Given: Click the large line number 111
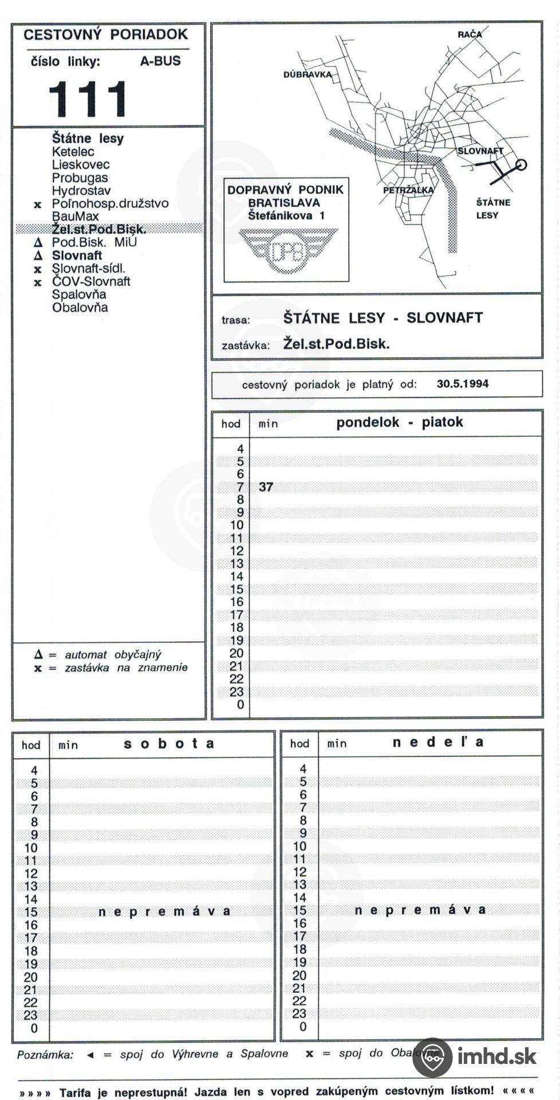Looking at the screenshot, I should click(88, 99).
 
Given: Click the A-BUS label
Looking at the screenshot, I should click(160, 61).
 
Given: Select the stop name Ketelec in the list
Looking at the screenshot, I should click(73, 152).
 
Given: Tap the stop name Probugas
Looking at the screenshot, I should click(80, 178).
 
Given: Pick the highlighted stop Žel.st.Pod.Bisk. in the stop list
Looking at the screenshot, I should click(98, 229).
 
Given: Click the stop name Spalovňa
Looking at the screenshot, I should click(79, 294).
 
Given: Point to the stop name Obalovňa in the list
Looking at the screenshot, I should click(80, 308).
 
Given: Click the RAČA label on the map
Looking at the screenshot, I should click(470, 34).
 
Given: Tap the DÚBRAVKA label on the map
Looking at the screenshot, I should click(307, 75).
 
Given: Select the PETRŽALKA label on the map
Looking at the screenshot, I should click(408, 190).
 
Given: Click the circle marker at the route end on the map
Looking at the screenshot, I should click(520, 165).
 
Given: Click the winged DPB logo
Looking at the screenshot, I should click(287, 252).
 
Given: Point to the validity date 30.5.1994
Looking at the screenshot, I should click(463, 384).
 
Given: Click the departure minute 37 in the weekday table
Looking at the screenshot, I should click(266, 487).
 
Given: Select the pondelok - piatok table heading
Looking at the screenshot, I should click(399, 422).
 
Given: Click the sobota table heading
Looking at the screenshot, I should click(169, 744).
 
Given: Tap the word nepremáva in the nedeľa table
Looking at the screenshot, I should click(420, 910).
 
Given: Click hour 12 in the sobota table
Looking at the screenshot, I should click(31, 874).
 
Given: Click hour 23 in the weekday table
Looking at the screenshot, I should click(236, 692).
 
